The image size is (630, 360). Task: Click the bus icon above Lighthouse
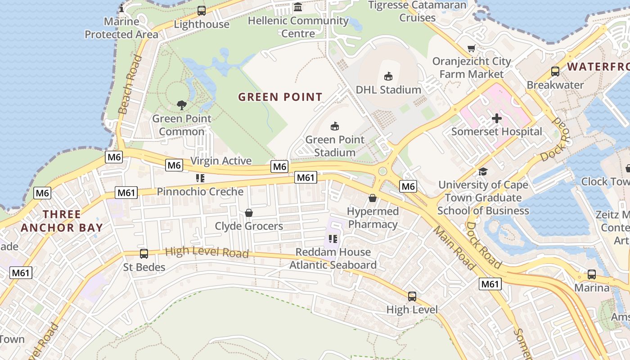pos(202,11)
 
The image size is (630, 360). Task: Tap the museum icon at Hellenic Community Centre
pos(297,7)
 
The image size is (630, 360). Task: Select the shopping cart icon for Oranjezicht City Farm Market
pos(471,48)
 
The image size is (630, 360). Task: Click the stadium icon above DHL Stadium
pos(388,76)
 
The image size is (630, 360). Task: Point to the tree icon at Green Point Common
pos(181,105)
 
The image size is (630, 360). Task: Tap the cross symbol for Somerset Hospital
pos(496,118)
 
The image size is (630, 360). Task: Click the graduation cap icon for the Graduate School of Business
pos(483,171)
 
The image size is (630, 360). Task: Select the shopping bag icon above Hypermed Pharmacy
pos(373,198)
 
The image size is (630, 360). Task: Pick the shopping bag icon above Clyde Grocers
pos(248,213)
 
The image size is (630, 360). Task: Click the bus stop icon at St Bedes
pos(144,254)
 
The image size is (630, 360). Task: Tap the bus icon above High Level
pos(412,296)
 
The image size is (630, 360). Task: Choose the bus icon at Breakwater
pos(555,72)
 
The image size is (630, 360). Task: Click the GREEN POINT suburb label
pos(280,97)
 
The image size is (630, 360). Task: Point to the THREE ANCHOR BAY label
pos(62,221)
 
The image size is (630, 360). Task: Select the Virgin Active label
pos(221,161)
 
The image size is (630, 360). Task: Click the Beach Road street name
pos(130,85)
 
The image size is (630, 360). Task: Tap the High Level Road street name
pos(207,252)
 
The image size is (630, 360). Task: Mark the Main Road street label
pos(454,248)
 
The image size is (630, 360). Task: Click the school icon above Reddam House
pos(333,238)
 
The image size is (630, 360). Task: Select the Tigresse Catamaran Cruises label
pos(418,11)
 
